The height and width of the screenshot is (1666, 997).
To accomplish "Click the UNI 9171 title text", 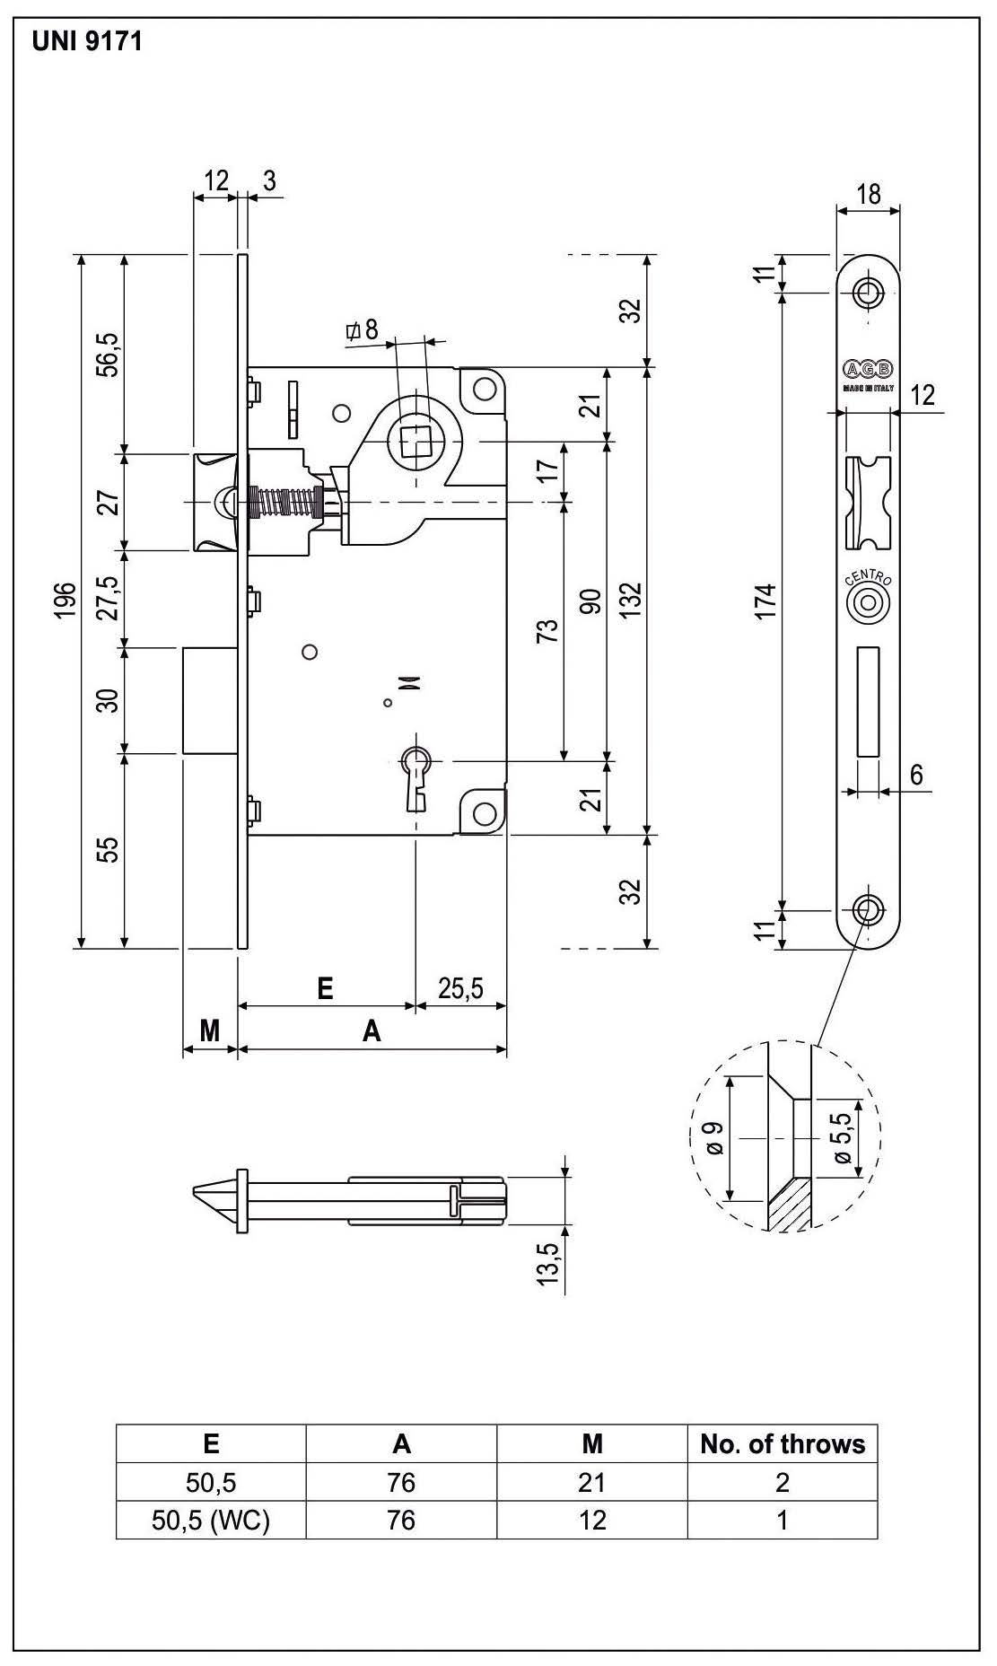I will (x=87, y=41).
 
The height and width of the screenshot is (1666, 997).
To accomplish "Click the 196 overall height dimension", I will (x=63, y=601).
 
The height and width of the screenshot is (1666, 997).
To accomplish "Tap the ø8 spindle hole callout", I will (x=363, y=330).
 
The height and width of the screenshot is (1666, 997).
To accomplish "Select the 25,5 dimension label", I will (x=460, y=988).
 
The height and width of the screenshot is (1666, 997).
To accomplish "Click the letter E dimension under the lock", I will (x=326, y=989).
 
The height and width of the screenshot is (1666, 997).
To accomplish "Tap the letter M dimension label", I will (x=209, y=1030).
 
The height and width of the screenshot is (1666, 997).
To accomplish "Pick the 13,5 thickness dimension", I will (x=547, y=1262).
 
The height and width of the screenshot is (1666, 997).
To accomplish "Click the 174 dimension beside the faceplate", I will (x=765, y=601).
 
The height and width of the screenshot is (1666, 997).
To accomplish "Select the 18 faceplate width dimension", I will (x=869, y=194).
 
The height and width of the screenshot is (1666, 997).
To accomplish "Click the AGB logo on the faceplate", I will (x=868, y=369).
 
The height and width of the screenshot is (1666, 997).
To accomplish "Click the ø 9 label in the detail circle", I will (x=715, y=1138).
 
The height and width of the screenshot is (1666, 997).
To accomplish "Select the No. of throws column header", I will (x=783, y=1443).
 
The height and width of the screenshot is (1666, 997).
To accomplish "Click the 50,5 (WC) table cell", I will (x=211, y=1520).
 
